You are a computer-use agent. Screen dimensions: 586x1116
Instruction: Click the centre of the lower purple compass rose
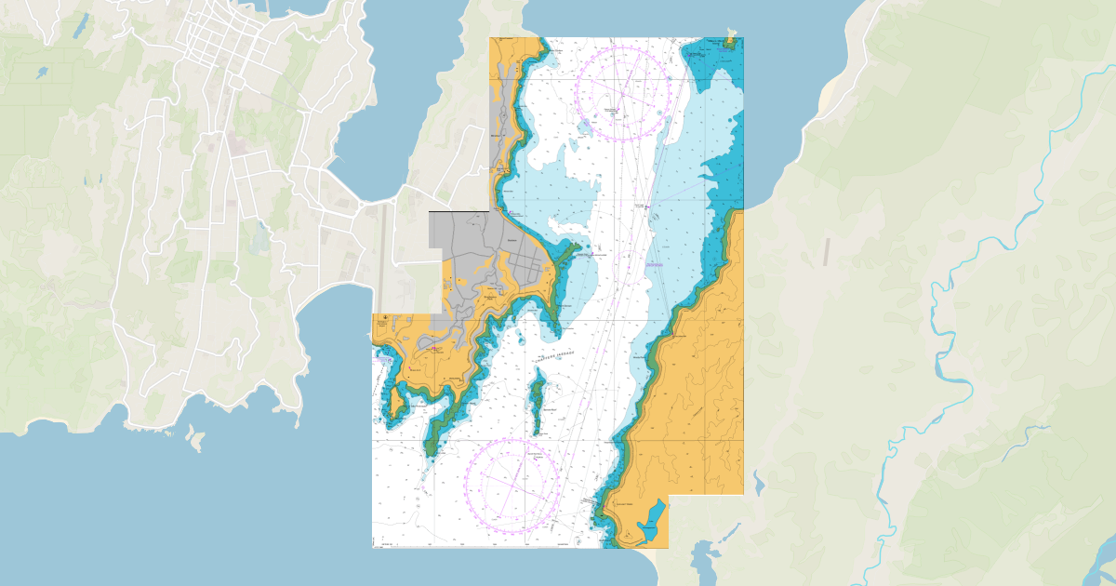click(x=512, y=485)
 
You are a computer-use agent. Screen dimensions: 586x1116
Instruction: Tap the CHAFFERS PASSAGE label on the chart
click(x=556, y=354)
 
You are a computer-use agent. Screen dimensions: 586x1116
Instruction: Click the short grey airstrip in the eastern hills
click(x=826, y=251)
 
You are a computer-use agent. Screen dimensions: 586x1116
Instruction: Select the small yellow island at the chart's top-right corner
click(x=730, y=41)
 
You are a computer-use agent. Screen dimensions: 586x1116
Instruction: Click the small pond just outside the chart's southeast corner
click(x=758, y=483)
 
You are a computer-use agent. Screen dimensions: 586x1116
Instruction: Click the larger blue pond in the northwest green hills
click(x=43, y=73)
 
